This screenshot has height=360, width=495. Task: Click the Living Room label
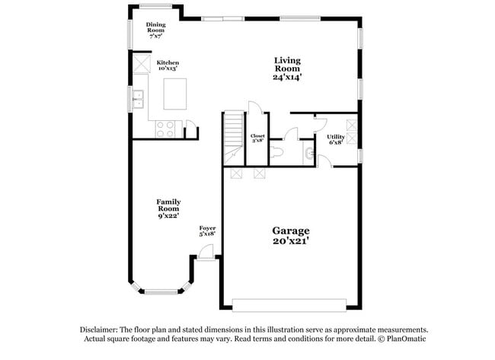click(287, 68)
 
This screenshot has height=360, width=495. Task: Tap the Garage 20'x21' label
click(290, 236)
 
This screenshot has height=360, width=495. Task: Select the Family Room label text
click(168, 209)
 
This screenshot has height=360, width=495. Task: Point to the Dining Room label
click(155, 30)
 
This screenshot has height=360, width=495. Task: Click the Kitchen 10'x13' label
click(168, 65)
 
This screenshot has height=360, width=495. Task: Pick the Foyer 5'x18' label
click(207, 231)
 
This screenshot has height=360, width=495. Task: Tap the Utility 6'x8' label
click(336, 139)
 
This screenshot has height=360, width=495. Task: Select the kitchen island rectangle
click(175, 94)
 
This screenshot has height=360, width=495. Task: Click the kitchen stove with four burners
click(165, 129)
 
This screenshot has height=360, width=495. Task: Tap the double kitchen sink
click(138, 99)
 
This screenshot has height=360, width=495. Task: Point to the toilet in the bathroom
click(277, 151)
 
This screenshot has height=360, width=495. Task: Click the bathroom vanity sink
click(309, 153)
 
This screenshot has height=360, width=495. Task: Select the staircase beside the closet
click(234, 139)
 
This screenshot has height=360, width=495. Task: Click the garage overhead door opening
click(289, 305)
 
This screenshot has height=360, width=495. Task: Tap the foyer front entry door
click(206, 253)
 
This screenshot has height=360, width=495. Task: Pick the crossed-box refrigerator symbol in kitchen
click(142, 64)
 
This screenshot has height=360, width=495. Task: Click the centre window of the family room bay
click(161, 292)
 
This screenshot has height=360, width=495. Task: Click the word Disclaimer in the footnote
click(99, 330)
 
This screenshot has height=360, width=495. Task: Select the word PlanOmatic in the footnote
click(407, 339)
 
